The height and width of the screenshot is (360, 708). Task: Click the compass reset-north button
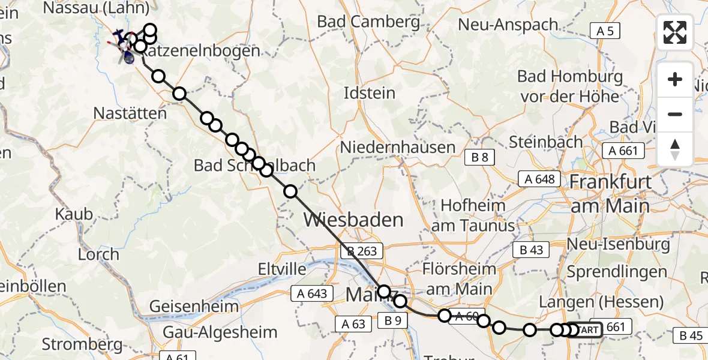[675, 149]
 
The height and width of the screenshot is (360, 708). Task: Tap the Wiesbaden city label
[353, 220]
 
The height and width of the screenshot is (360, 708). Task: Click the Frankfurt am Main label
[610, 193]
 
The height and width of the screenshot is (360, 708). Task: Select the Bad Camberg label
[369, 22]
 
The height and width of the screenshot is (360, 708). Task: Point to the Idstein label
[370, 93]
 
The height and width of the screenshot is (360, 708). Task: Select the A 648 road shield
[539, 179]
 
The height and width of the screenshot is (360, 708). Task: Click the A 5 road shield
[605, 31]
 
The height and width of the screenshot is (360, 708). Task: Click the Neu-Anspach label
[508, 25]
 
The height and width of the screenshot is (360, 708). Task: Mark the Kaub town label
[74, 214]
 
